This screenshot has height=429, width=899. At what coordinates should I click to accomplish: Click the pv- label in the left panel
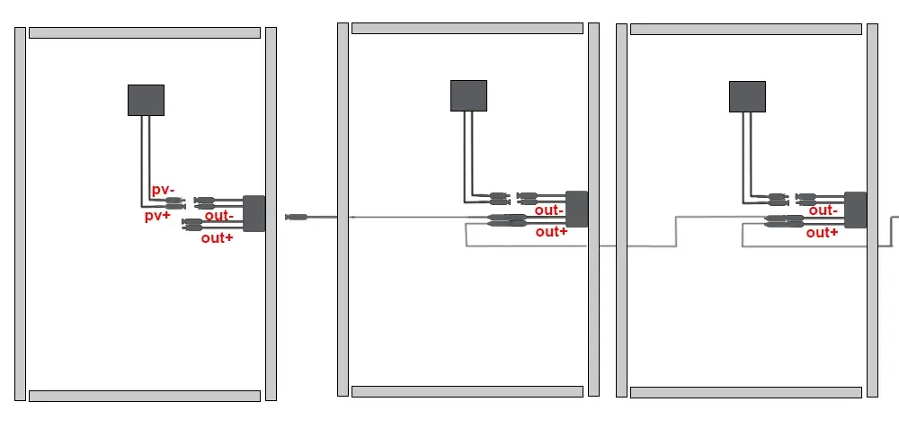click(x=162, y=190)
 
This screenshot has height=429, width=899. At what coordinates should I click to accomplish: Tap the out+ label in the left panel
click(x=217, y=237)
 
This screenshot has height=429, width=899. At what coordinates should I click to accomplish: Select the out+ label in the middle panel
click(x=551, y=231)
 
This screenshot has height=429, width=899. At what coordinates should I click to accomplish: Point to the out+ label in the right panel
click(x=823, y=232)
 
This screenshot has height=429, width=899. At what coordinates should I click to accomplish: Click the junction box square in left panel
click(x=146, y=100)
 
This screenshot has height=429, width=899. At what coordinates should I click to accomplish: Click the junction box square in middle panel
click(x=468, y=95)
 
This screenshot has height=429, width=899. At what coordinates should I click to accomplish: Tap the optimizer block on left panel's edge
click(x=254, y=213)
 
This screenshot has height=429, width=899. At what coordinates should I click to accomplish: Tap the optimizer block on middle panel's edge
click(x=576, y=209)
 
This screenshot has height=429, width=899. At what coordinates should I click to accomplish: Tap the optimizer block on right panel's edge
click(x=856, y=210)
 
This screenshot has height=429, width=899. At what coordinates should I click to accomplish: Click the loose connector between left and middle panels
click(x=297, y=217)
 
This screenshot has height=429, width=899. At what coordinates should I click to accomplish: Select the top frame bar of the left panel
click(x=144, y=32)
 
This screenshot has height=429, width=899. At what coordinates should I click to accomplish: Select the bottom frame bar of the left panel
click(x=144, y=396)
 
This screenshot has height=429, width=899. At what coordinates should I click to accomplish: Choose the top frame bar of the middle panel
click(x=468, y=28)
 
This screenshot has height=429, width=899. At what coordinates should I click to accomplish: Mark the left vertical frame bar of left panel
click(x=20, y=214)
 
